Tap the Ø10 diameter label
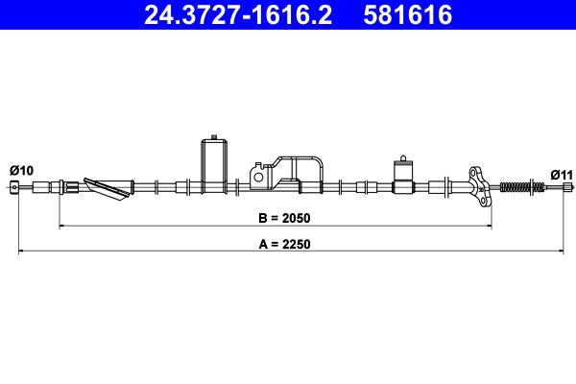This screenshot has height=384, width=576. tap(21, 170)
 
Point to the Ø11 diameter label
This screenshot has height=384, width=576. tap(561, 175)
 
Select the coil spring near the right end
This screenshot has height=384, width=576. tap(516, 186)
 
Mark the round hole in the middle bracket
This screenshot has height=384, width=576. tap(257, 176)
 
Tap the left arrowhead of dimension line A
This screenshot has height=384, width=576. tap(21, 252)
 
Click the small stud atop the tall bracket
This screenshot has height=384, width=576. tap(213, 137)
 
